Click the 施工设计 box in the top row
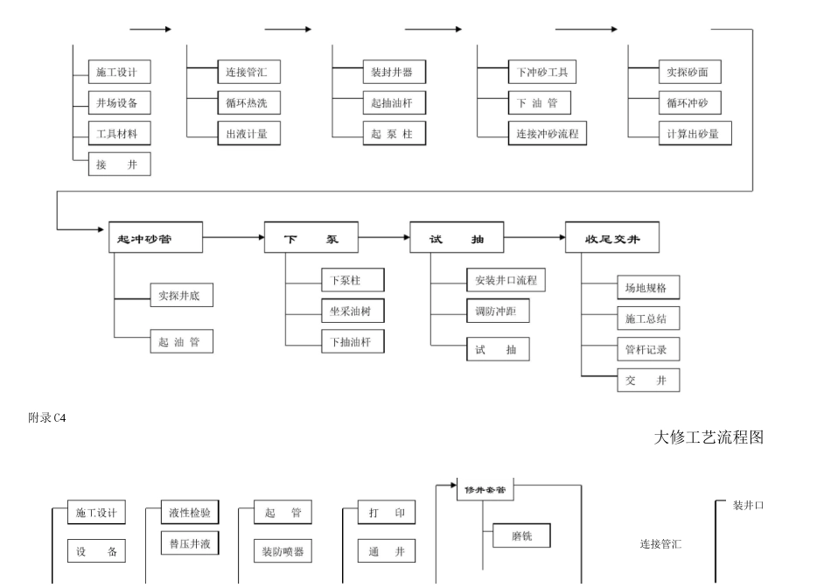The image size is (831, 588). point(119,73)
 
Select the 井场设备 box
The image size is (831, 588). point(119,103)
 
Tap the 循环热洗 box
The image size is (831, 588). point(248,103)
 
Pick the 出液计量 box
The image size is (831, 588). point(248,133)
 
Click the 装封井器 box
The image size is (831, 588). point(394,73)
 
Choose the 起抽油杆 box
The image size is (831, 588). point(394,103)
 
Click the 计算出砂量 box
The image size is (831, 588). point(695,133)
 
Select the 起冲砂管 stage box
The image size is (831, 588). point(156,238)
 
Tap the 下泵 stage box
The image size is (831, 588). point(311,238)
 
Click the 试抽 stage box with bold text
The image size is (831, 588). point(457,238)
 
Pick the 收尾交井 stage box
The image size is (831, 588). point(611,238)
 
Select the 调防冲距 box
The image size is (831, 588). point(497,311)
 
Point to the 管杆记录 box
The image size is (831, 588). point(647,349)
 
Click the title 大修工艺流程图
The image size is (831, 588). point(709,437)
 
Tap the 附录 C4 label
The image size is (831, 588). point(47,417)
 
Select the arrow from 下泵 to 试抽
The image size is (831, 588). point(383,237)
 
